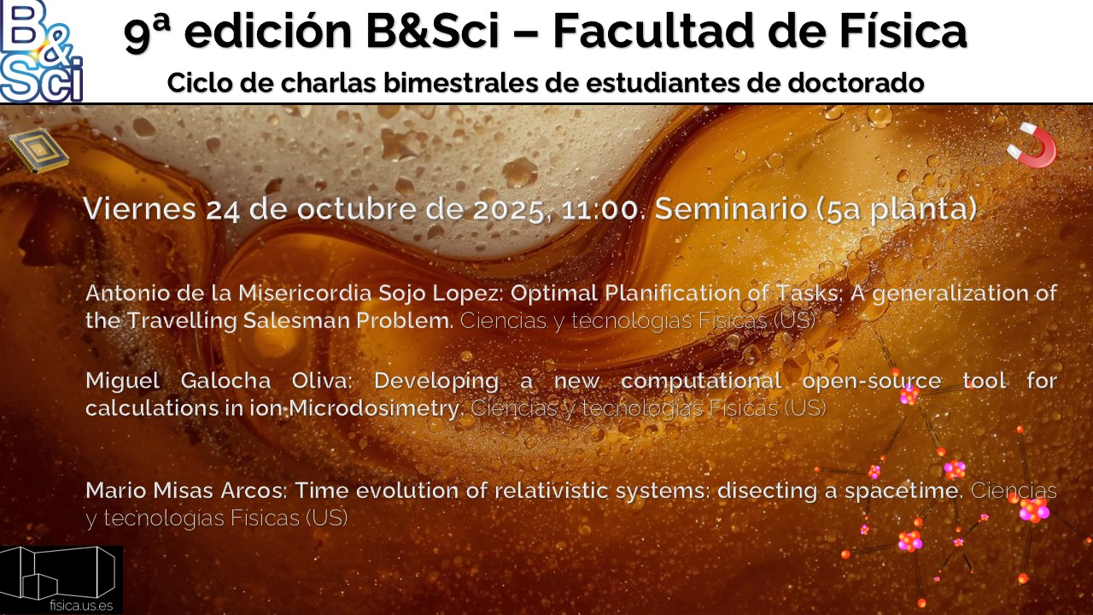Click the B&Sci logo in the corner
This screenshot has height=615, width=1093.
pos(41,51)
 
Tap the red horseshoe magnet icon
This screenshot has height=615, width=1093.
pos(1032,145)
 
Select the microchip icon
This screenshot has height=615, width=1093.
pos(38,151)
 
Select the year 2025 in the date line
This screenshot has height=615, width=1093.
pos(506,210)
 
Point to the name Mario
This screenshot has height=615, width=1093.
pos(110,491)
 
